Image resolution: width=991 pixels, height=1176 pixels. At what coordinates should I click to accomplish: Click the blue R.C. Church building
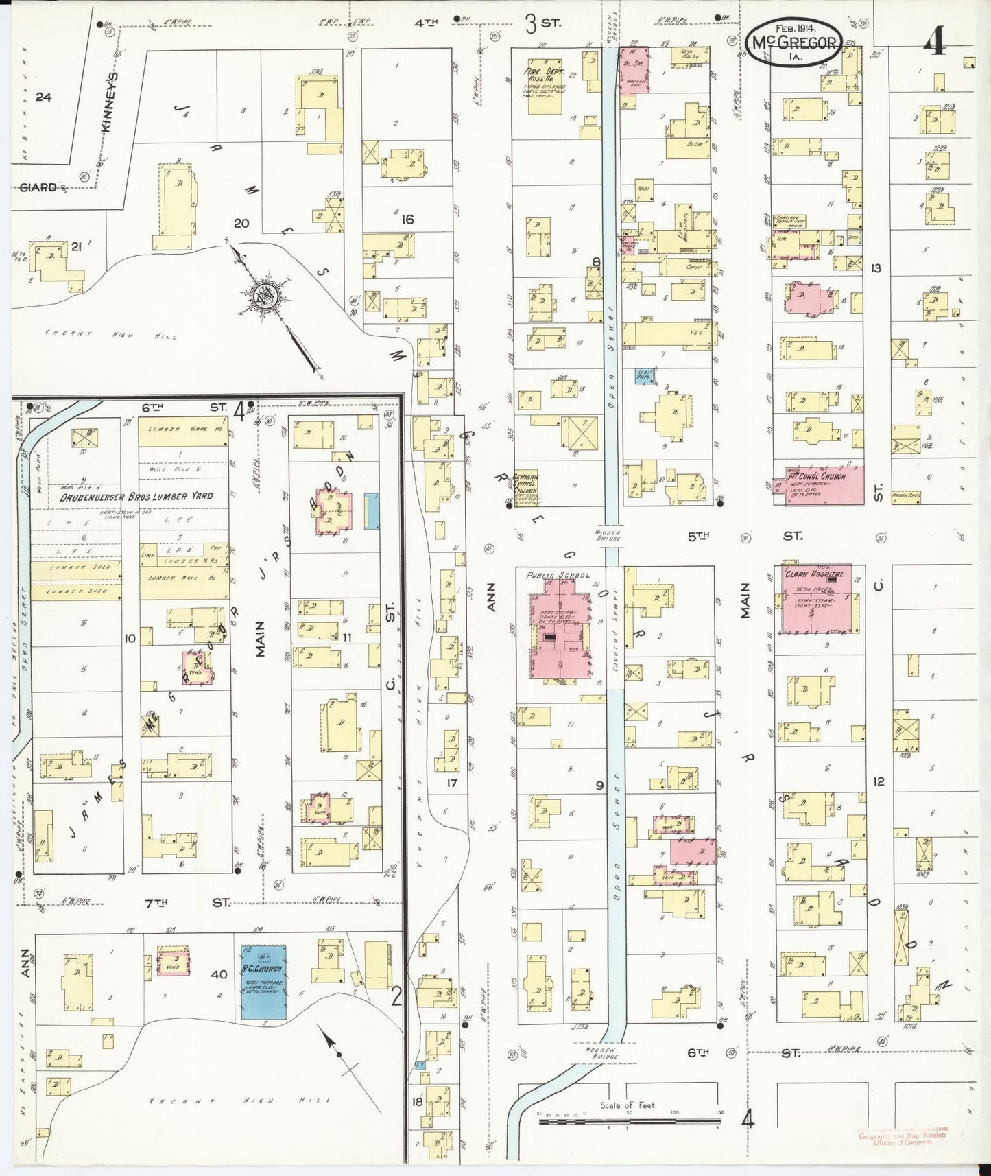pyautogui.click(x=263, y=984)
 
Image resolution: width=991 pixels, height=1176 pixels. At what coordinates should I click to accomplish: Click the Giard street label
pyautogui.click(x=38, y=187)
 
